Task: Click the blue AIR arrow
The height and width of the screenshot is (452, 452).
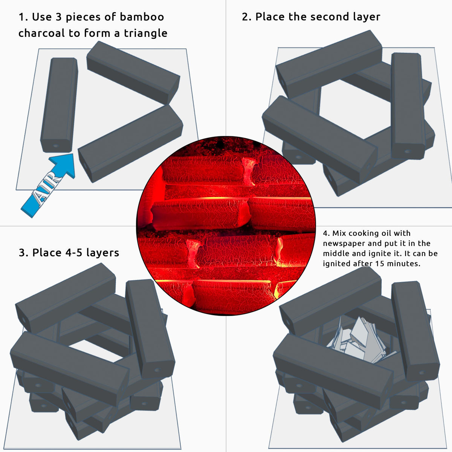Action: coord(48,185)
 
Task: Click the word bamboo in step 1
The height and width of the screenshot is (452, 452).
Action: coord(142,17)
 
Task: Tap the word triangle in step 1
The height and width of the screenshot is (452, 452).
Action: coord(145,33)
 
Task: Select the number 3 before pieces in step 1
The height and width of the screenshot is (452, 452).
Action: coord(58,17)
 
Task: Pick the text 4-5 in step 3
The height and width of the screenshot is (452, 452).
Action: coord(72,253)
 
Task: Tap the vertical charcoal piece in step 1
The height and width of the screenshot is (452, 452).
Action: coord(59,105)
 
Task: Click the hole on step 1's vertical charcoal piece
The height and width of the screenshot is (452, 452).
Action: coord(56,146)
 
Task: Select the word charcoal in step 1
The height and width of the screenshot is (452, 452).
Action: coord(42,33)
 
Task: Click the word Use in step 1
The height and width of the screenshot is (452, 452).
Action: coord(42,17)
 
